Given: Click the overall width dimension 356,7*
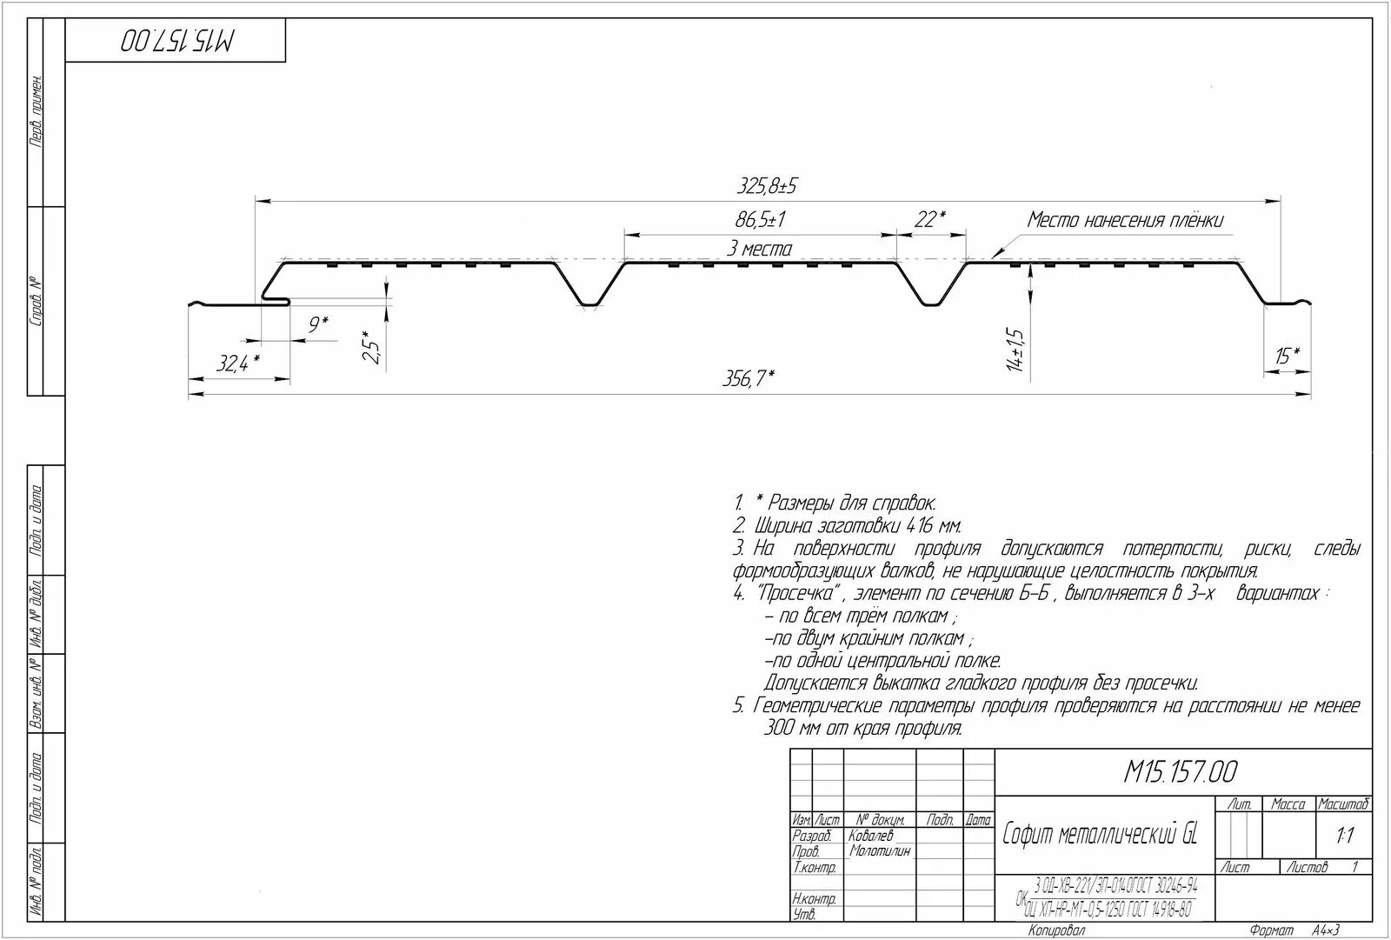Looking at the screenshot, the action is [748, 379].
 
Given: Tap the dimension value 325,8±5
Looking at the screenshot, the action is [767, 186].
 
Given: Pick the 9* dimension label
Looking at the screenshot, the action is [319, 326].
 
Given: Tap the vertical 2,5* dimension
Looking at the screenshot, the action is [370, 347].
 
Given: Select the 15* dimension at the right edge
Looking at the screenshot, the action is [1288, 356].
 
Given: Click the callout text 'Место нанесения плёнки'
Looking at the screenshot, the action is [1125, 220].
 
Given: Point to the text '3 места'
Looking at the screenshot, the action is [760, 250].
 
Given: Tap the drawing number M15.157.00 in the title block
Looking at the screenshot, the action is [1181, 771].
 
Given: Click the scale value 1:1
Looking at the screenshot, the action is [1344, 837].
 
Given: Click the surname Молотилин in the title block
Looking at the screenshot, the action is [880, 851].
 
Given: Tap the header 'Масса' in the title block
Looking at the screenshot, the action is [1288, 804].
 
